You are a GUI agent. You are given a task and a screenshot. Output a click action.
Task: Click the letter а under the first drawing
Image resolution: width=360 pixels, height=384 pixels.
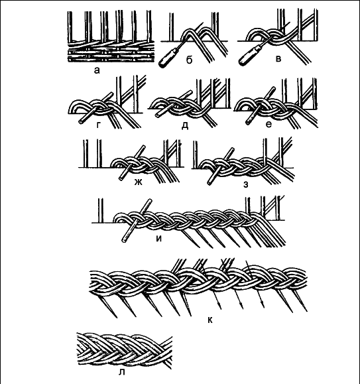point(97,70)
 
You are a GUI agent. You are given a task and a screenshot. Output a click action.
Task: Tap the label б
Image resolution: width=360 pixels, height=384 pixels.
point(189,60)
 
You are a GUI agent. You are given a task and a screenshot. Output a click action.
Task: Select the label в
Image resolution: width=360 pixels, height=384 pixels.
point(278,59)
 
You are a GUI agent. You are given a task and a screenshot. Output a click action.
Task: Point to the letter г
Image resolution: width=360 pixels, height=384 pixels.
point(99,125)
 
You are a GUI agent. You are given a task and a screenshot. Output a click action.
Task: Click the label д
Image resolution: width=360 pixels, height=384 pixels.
point(185,125)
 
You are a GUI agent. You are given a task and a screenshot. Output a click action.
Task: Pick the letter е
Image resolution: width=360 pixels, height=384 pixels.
point(269,125)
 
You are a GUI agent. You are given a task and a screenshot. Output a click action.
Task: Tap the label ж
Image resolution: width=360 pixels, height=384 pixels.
point(139,182)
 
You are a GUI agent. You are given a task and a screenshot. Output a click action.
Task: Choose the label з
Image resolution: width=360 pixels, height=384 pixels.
point(246,184)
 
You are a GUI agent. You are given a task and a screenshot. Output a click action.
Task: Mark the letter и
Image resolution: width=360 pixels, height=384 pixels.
point(159,238)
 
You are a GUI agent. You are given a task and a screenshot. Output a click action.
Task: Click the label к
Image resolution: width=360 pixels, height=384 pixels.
point(210,320)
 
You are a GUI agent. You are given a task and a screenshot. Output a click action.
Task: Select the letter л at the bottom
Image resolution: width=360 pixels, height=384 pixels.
point(121,372)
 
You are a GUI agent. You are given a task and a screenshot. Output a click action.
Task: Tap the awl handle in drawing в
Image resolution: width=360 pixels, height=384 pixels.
point(248,56)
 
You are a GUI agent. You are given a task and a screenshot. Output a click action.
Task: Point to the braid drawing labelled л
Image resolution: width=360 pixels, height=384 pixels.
point(125,350)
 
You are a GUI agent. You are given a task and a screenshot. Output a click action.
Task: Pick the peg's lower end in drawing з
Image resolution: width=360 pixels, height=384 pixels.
point(210,182)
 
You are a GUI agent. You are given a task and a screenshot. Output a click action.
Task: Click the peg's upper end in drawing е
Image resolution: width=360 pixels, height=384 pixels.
point(274,88)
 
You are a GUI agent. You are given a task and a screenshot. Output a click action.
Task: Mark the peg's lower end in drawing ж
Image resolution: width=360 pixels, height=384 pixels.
point(121,178)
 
